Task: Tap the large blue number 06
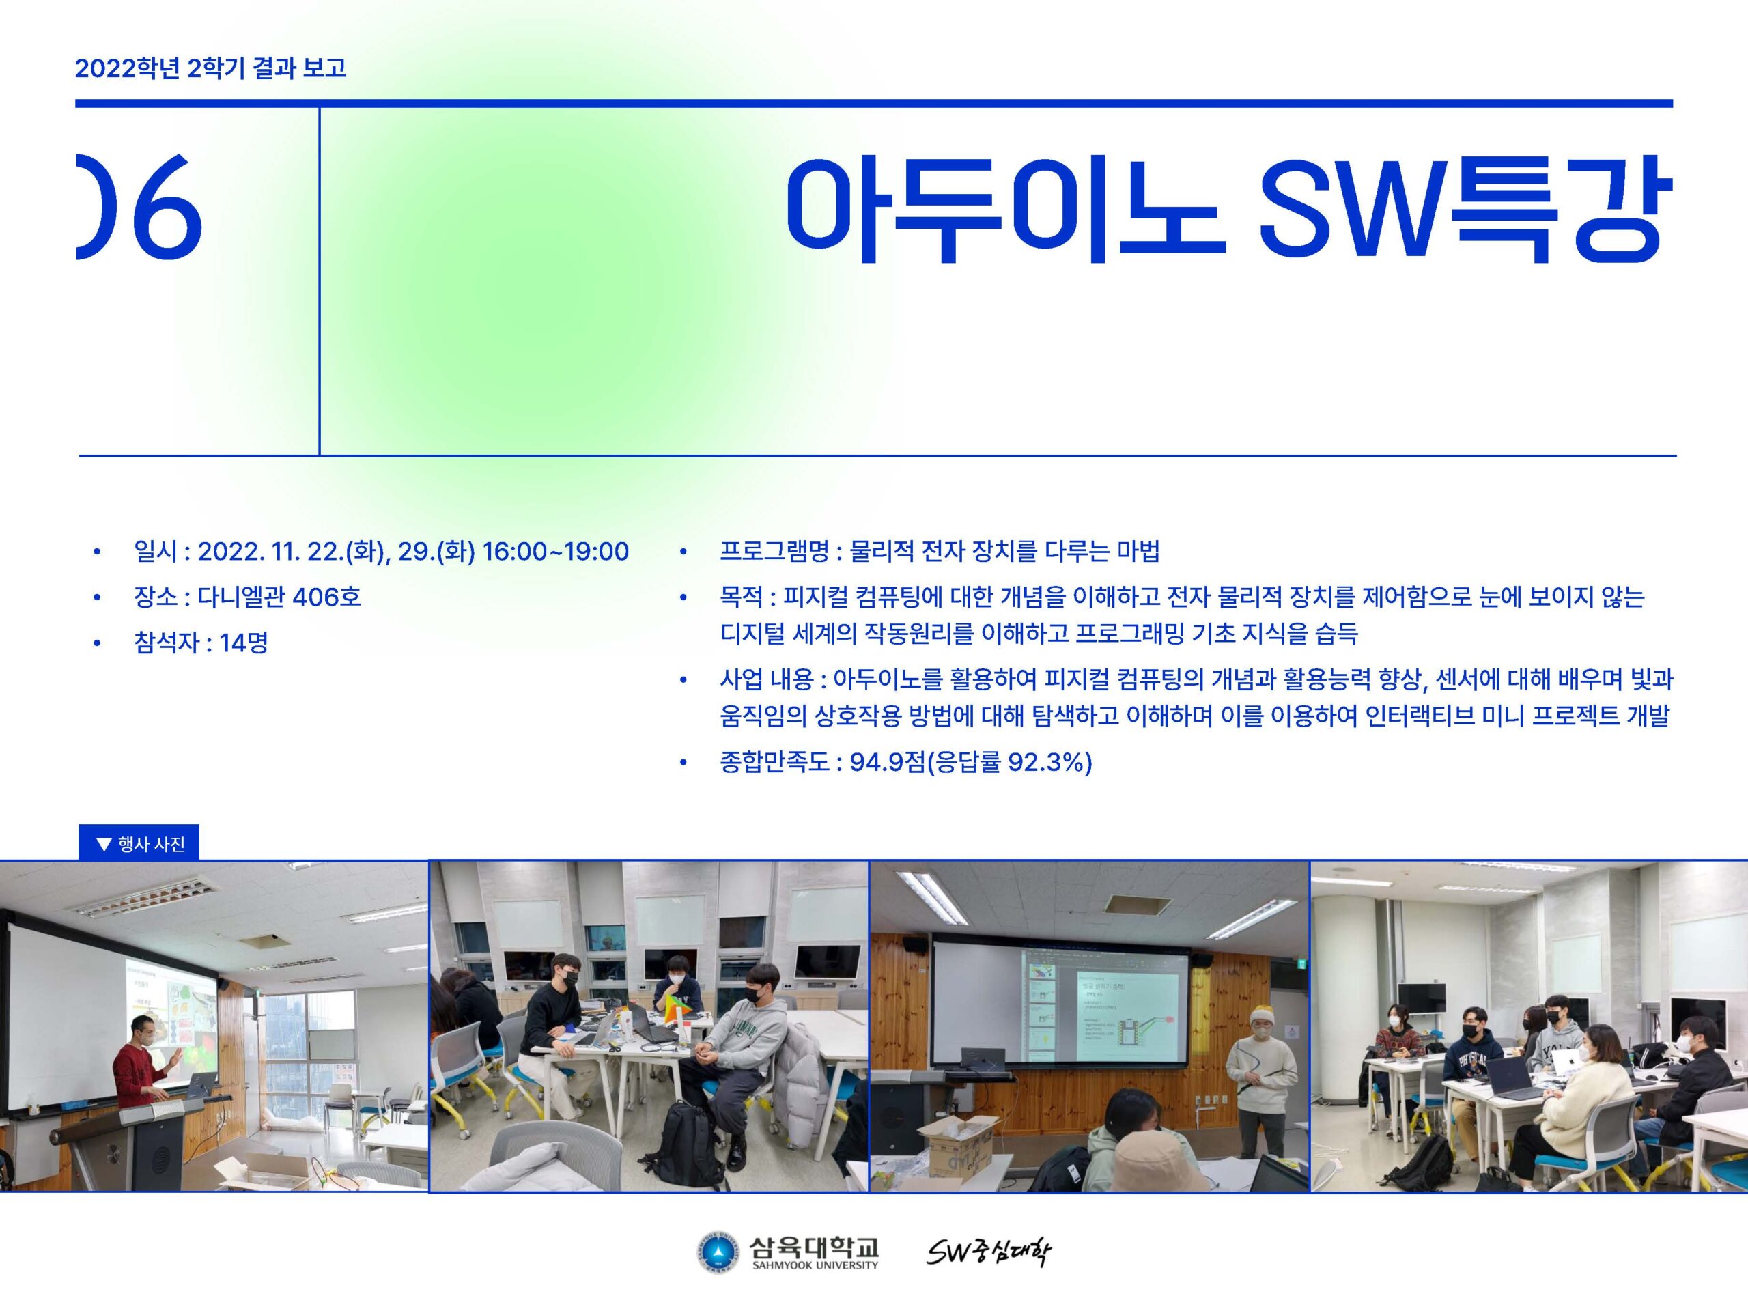pos(139,207)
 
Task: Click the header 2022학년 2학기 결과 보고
pos(211,68)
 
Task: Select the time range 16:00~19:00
pos(556,552)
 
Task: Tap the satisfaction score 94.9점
pos(887,763)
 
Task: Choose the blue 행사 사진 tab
pos(139,844)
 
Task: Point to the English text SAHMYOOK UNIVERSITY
pos(815,1266)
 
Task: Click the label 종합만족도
pos(774,763)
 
